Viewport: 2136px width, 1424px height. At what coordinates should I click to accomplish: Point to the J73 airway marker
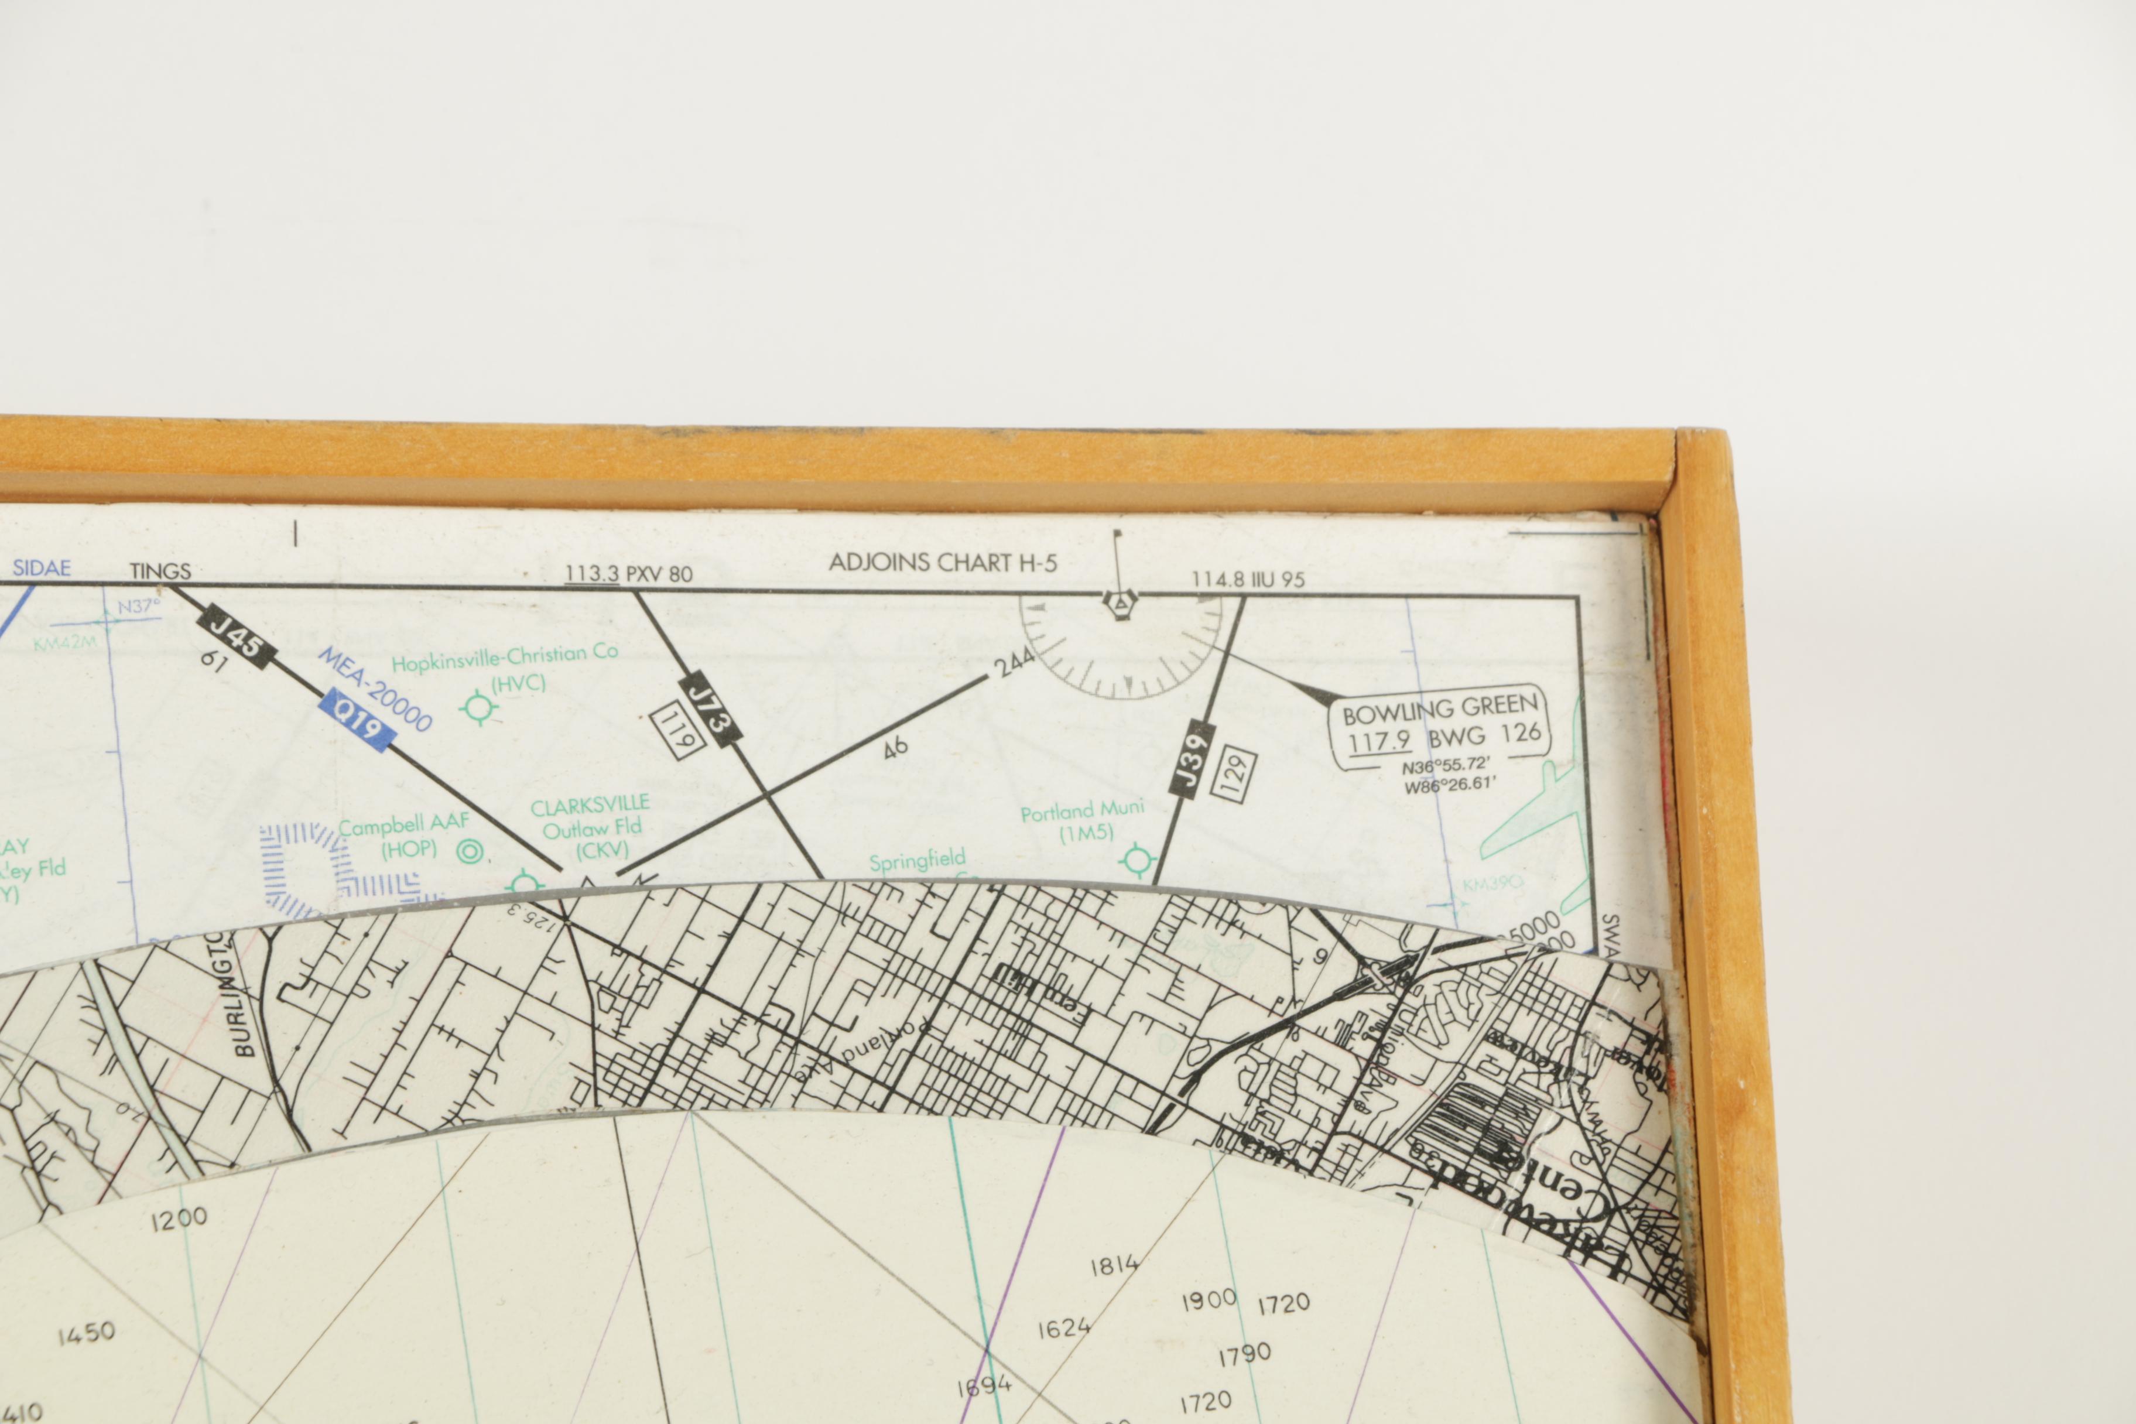708,709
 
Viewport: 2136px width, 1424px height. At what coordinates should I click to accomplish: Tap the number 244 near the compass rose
1014,662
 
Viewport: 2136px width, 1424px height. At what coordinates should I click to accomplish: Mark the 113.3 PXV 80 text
628,574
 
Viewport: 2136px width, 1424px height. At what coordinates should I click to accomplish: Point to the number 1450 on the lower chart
86,1334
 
